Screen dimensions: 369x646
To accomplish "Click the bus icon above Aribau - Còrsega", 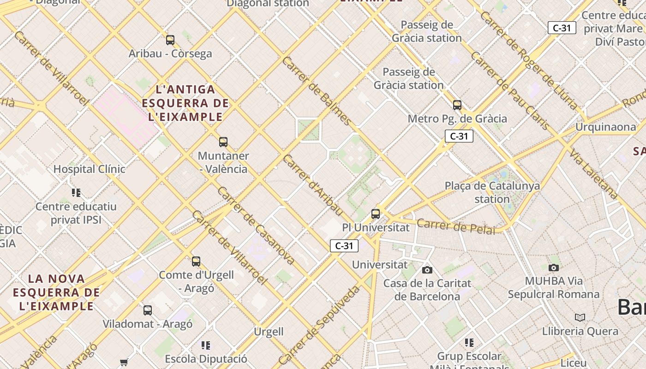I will [x=170, y=40].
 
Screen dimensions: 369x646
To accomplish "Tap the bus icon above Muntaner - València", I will [x=223, y=142].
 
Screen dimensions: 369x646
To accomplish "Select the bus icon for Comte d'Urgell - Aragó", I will [x=196, y=262].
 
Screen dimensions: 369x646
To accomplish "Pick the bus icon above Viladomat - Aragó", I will [x=148, y=310].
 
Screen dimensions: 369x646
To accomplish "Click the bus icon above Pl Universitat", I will [x=376, y=214].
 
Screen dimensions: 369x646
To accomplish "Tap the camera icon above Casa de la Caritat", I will [x=427, y=270].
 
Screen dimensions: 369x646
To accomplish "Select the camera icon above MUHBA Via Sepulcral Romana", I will [x=554, y=268].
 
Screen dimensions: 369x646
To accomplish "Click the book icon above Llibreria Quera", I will [x=580, y=317].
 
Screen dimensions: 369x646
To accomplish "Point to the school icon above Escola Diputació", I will [x=206, y=345].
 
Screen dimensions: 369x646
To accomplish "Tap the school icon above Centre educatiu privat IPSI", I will [x=76, y=192].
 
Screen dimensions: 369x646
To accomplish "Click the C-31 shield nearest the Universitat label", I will [x=344, y=246].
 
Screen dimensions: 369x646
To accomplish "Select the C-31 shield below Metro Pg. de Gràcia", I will [x=459, y=136].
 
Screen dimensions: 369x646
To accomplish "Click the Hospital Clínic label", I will [x=89, y=169].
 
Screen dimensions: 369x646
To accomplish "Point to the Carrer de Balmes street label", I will [x=317, y=91].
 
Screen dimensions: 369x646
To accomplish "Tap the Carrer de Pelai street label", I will [x=456, y=226].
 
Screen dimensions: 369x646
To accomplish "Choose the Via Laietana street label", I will [x=593, y=174].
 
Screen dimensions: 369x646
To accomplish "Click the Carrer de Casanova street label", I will [x=256, y=226].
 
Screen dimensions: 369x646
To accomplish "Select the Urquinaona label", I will [x=605, y=127].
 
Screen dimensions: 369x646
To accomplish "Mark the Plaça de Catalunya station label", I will [x=492, y=192].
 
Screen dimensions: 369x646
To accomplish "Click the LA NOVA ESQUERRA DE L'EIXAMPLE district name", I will [x=56, y=292].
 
